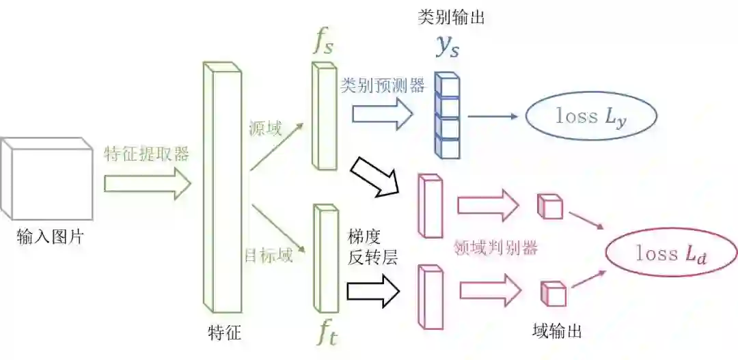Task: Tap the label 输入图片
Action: pyautogui.click(x=51, y=237)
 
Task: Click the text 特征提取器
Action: pyautogui.click(x=146, y=154)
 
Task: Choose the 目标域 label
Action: pyautogui.click(x=269, y=256)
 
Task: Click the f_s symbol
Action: pyautogui.click(x=323, y=42)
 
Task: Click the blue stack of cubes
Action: pyautogui.click(x=448, y=116)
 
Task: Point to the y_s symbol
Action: pyautogui.click(x=448, y=45)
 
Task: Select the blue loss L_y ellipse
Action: pyautogui.click(x=590, y=116)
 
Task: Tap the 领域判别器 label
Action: pyautogui.click(x=495, y=248)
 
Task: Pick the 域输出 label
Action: pyautogui.click(x=556, y=332)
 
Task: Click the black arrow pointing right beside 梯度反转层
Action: pyautogui.click(x=373, y=290)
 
